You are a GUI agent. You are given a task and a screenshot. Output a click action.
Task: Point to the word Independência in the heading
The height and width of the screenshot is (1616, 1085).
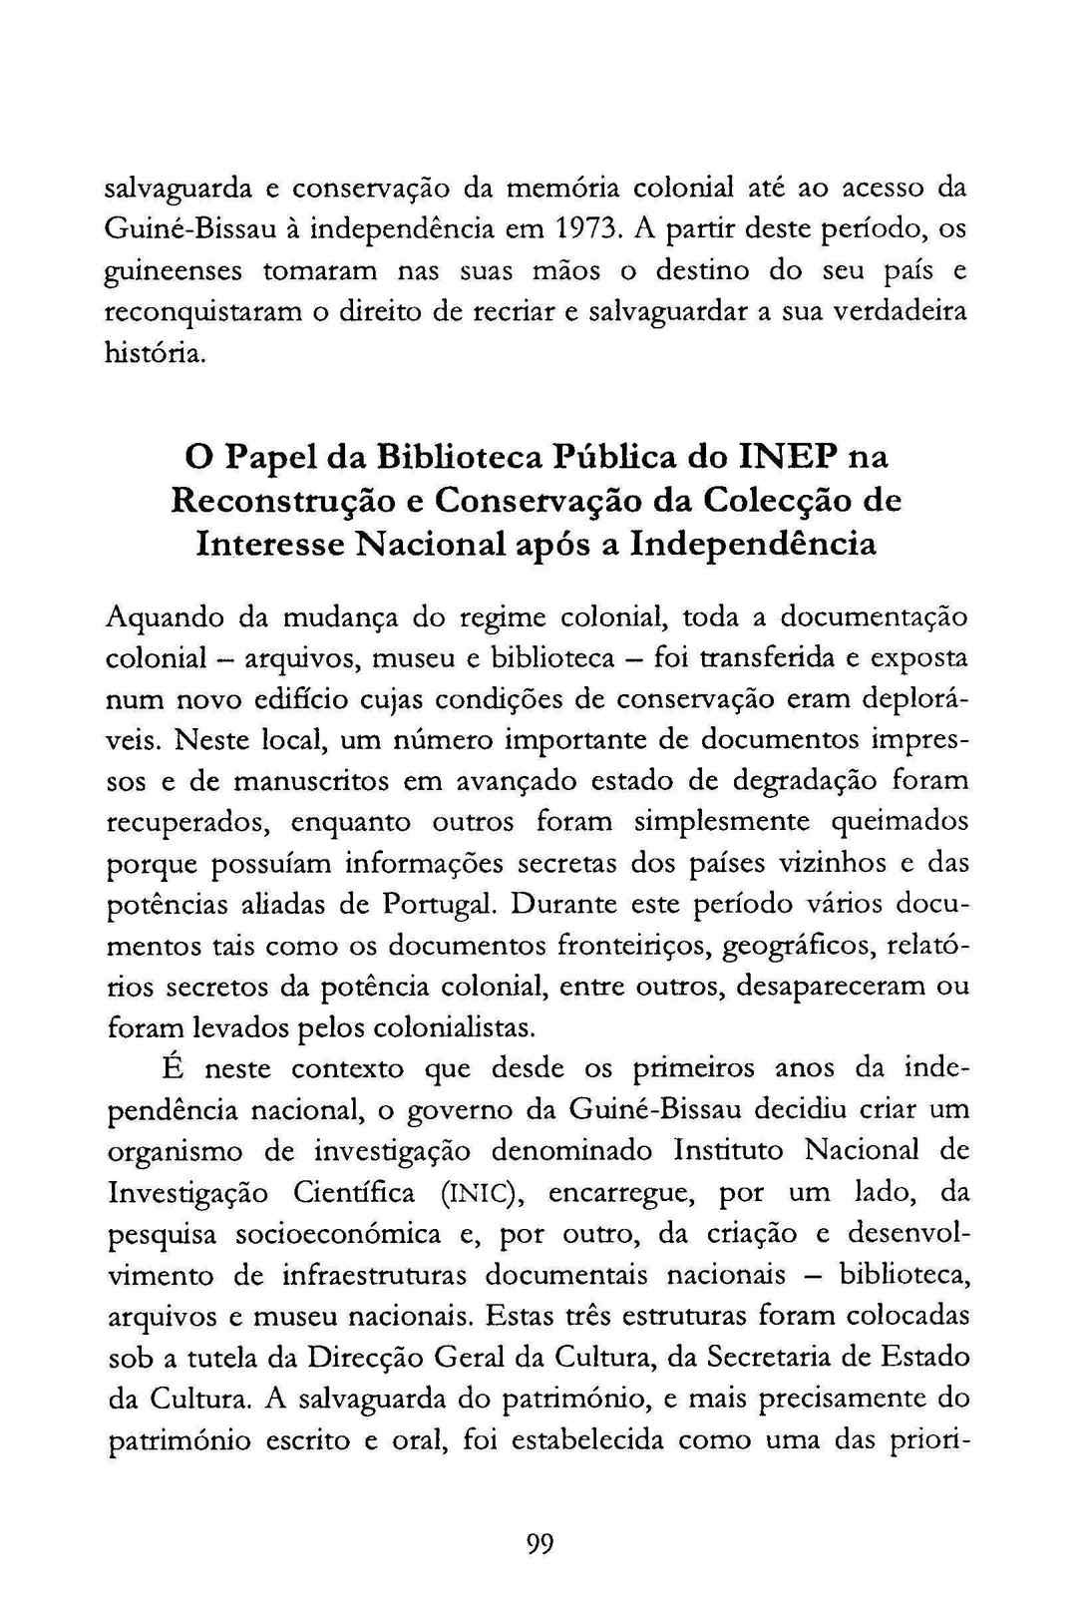tap(755, 544)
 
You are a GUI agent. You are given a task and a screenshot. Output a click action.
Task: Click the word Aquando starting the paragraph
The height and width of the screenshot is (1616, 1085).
tap(165, 617)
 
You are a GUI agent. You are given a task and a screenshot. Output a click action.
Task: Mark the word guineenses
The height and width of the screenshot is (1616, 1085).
tap(173, 270)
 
